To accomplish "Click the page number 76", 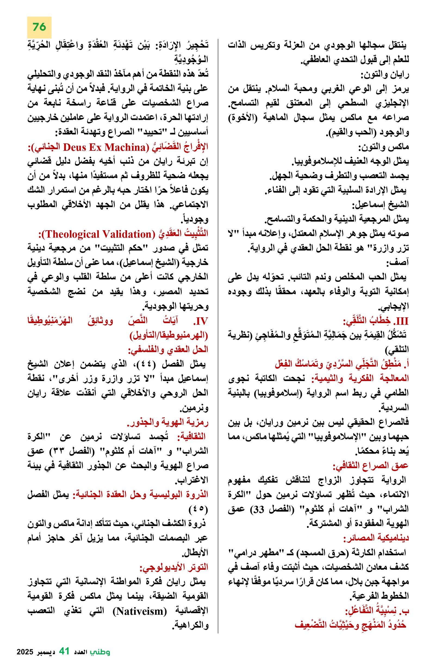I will point(39,27).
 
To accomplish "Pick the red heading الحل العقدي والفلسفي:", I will point(168,350).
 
